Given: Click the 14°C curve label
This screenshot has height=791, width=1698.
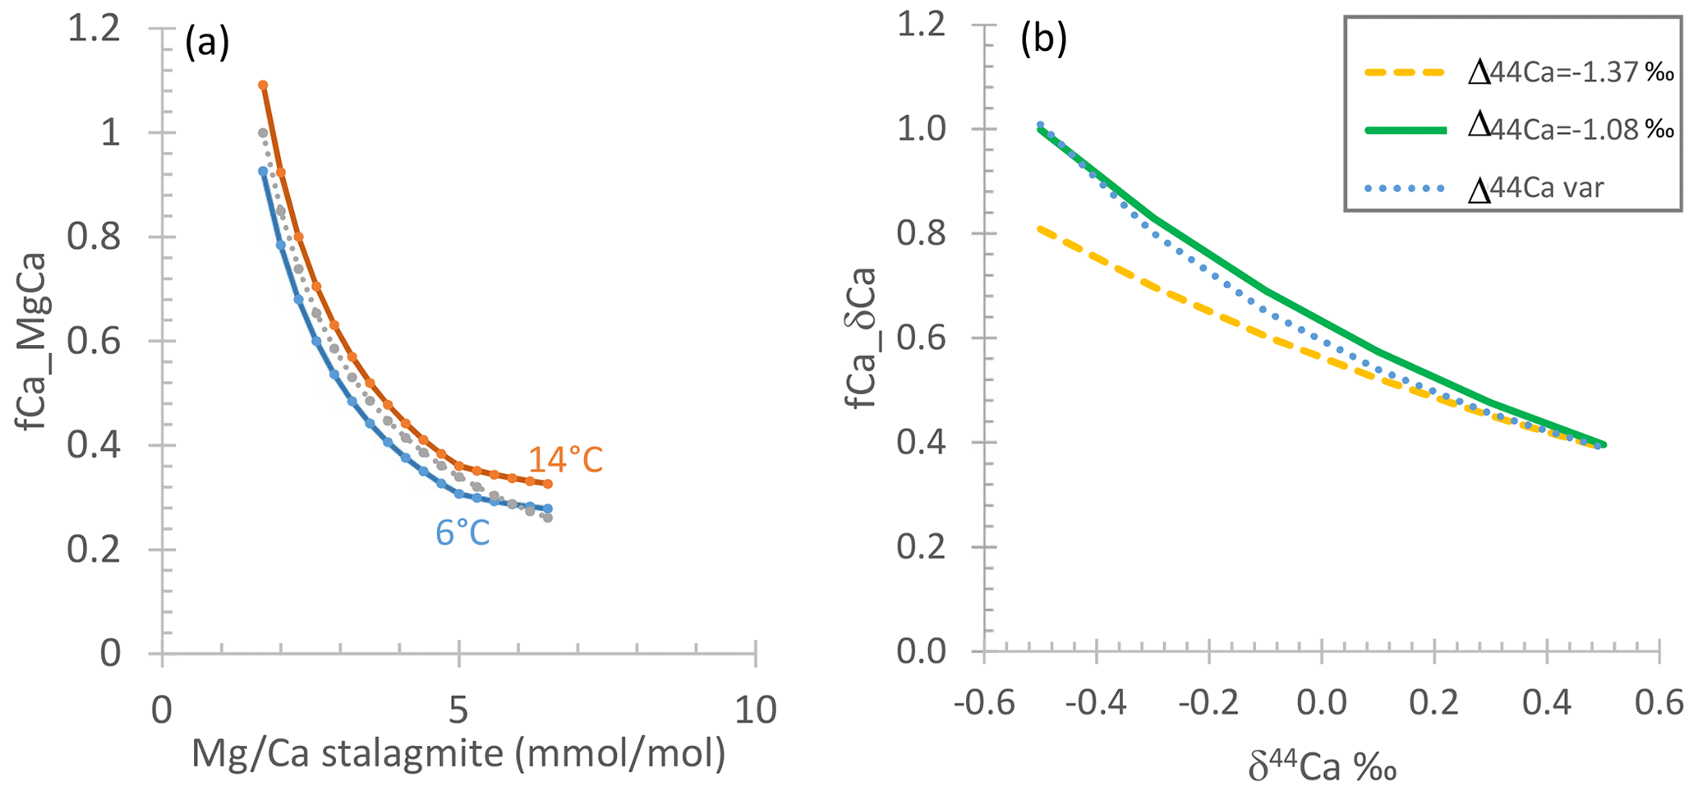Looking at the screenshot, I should click(x=565, y=460).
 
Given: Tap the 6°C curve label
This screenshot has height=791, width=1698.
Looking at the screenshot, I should click(x=462, y=533).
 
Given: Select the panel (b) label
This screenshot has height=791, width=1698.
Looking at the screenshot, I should click(x=1042, y=42).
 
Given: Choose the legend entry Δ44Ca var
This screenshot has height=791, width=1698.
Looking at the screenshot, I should click(x=1535, y=188).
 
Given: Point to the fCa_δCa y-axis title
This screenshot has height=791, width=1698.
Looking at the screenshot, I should click(x=863, y=337).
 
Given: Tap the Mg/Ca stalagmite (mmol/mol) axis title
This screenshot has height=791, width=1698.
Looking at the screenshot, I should click(x=458, y=753).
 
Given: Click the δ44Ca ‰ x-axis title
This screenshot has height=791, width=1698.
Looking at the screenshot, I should click(x=1322, y=768).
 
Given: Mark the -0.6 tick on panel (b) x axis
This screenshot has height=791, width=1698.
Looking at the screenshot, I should click(x=983, y=705).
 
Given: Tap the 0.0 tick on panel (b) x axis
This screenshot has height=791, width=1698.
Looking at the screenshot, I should click(x=1322, y=705).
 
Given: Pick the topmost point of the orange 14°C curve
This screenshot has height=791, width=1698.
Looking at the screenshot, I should click(x=263, y=85).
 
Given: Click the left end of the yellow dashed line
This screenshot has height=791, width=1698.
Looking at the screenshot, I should click(x=1040, y=228).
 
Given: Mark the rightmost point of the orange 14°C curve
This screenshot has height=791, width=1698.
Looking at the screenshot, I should click(x=548, y=484).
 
